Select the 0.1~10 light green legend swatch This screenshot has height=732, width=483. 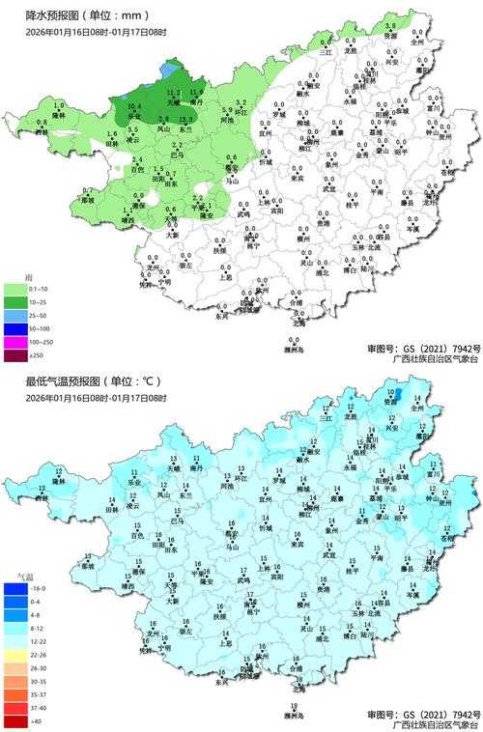[x=16, y=289]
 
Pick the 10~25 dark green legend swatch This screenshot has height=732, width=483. [x=16, y=302]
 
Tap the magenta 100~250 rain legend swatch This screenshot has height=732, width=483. [x=16, y=343]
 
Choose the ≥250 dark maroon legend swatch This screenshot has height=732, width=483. [x=16, y=356]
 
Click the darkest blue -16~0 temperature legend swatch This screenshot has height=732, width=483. [x=16, y=587]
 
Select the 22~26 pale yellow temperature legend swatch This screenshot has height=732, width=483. [x=16, y=654]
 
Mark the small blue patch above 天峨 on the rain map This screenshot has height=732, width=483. [x=170, y=71]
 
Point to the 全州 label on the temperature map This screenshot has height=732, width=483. [x=417, y=409]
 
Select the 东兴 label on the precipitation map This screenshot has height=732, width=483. [x=223, y=317]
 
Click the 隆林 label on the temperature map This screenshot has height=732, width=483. [x=59, y=481]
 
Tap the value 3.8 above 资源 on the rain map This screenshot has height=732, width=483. [x=390, y=25]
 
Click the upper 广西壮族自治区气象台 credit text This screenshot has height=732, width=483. [x=435, y=359]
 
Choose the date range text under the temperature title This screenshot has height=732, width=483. [x=96, y=398]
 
